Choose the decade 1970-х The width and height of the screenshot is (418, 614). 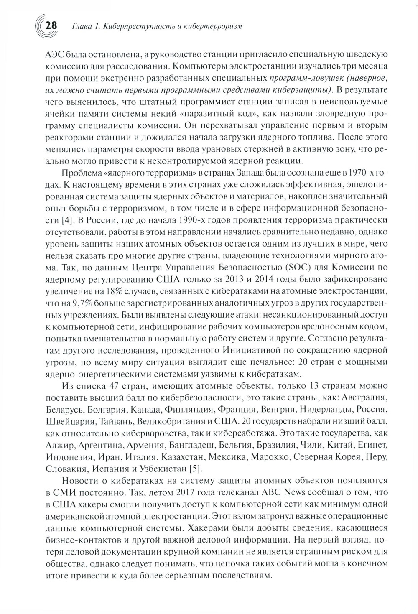[x=359, y=174]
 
